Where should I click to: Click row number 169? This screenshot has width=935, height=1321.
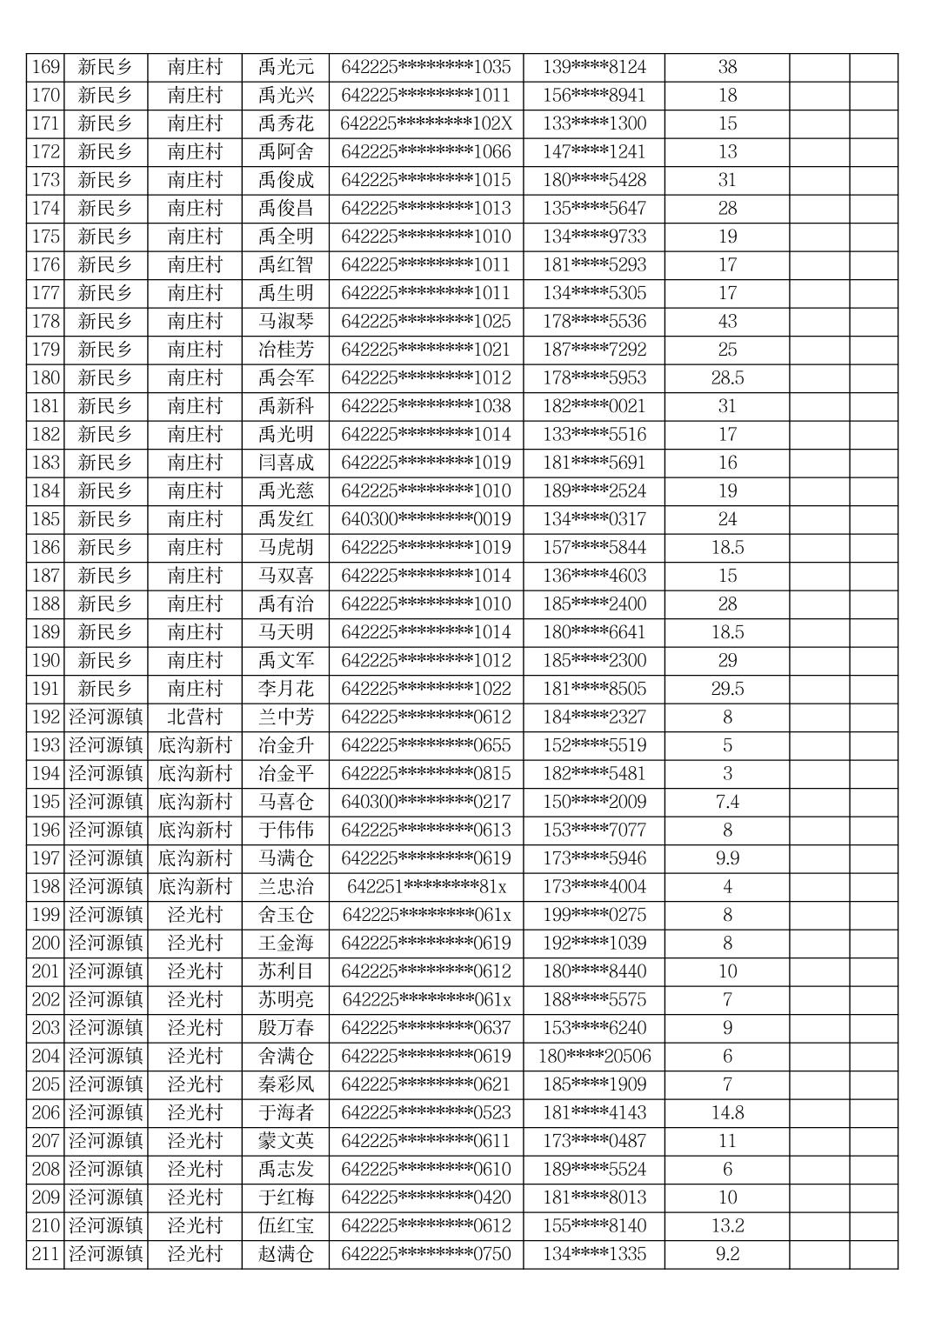point(45,67)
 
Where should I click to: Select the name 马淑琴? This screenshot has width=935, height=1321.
point(285,321)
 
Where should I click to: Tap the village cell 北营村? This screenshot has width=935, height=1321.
point(195,717)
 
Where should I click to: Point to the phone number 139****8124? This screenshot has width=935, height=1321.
point(594,67)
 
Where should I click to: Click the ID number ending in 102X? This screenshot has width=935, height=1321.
point(426,123)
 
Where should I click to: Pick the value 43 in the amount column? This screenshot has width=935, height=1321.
point(727,321)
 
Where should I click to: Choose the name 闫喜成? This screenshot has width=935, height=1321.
point(285,463)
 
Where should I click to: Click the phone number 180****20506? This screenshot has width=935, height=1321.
point(594,1056)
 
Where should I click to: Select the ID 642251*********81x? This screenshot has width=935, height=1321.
point(426,886)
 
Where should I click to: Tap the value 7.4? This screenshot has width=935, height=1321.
point(727,802)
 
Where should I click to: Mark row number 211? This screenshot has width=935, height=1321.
point(45,1254)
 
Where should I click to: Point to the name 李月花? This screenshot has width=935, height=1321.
point(285,689)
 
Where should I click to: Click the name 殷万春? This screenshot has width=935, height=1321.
point(285,1028)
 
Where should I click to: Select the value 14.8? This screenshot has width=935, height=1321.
point(727,1112)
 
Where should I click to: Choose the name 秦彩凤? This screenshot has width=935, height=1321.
point(285,1084)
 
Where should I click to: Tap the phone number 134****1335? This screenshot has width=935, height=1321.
point(594,1254)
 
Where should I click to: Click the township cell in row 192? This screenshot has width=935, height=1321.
point(105,717)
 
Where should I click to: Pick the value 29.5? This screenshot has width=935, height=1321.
point(727,689)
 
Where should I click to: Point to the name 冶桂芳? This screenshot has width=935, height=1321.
point(285,350)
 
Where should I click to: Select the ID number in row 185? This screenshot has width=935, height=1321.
point(426,519)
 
